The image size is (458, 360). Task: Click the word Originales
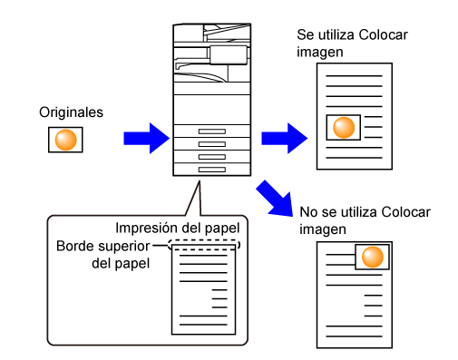[x=71, y=112]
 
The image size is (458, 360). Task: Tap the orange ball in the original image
[x=65, y=140]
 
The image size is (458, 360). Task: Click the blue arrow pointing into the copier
[x=147, y=139]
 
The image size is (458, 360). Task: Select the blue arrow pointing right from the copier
[x=285, y=139]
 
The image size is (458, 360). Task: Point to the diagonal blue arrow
[x=275, y=199]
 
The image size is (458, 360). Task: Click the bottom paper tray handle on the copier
[x=212, y=170]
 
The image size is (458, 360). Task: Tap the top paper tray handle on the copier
[x=212, y=131]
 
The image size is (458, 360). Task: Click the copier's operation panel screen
[x=229, y=55]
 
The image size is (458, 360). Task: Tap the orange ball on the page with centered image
[x=344, y=128]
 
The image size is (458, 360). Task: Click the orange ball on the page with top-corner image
[x=373, y=257]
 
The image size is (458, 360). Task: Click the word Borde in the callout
[x=73, y=246]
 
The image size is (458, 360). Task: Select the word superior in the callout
[x=122, y=247]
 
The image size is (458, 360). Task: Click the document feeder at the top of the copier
[x=211, y=34]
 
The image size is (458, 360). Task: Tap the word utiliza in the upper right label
[x=336, y=34]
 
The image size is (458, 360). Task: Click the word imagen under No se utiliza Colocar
[x=323, y=229]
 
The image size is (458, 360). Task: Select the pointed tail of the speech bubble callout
[x=200, y=181]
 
